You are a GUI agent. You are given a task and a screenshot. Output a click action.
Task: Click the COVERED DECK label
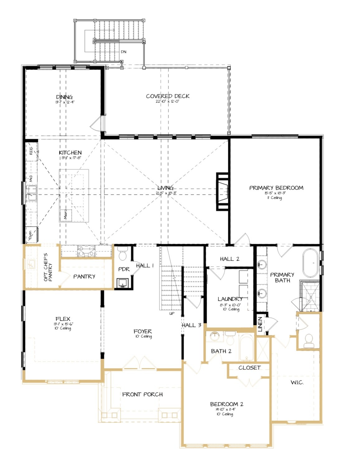pyautogui.click(x=168, y=96)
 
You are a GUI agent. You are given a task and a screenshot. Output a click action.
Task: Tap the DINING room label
pyautogui.click(x=64, y=97)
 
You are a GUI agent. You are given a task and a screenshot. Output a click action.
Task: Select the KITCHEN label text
pyautogui.click(x=70, y=152)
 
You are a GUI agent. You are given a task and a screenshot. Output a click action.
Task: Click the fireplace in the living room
pyautogui.click(x=223, y=192)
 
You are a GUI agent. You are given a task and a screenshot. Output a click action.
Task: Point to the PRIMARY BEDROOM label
pyautogui.click(x=276, y=188)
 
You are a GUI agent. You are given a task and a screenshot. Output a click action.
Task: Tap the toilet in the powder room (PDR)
pyautogui.click(x=122, y=254)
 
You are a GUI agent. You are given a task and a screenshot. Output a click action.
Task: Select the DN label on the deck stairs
pyautogui.click(x=124, y=52)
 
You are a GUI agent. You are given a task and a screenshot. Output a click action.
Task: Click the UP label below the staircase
pyautogui.click(x=172, y=314)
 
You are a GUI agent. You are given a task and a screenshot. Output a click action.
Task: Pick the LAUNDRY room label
pyautogui.click(x=230, y=299)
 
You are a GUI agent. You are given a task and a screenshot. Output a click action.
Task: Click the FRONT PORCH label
pyautogui.click(x=142, y=394)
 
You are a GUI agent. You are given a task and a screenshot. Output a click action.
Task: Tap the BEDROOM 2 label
pyautogui.click(x=226, y=404)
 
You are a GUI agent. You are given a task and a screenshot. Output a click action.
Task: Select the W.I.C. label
pyautogui.click(x=297, y=382)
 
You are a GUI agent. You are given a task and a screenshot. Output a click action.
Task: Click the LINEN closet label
pyautogui.click(x=260, y=324)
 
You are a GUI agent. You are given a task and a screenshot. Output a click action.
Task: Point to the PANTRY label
pyautogui.click(x=84, y=276)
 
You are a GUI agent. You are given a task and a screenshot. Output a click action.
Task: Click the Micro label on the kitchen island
pyautogui.click(x=65, y=214)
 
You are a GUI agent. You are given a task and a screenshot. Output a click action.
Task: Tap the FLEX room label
pyautogui.click(x=63, y=319)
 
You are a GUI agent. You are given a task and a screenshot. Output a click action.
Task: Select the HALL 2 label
pyautogui.click(x=230, y=259)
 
